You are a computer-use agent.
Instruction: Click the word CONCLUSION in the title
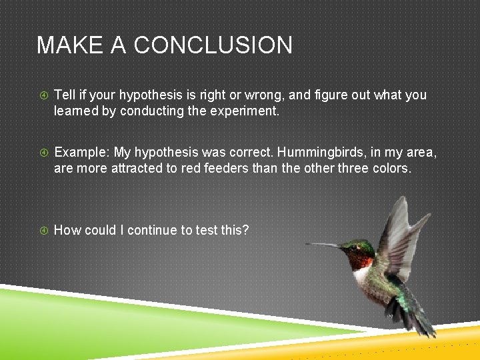coord(213,45)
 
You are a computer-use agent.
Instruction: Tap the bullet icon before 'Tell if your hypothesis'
coord(43,95)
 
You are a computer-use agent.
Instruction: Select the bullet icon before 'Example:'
coord(43,153)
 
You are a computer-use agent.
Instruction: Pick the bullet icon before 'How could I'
coord(43,231)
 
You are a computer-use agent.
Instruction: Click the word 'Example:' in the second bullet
coord(82,153)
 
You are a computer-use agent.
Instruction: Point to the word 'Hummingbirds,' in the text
coord(337,153)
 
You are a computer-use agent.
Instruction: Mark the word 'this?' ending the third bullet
coord(235,231)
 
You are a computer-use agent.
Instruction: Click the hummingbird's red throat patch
coord(362,257)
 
